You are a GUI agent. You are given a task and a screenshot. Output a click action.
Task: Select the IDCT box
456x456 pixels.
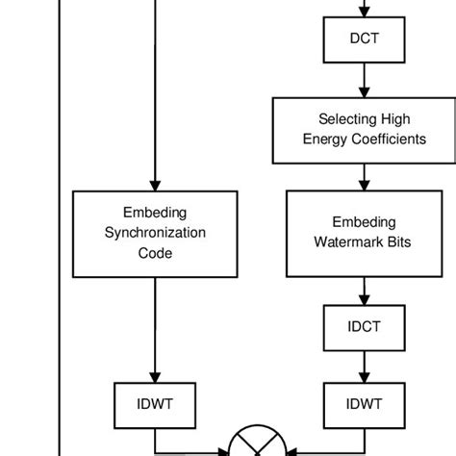pyautogui.click(x=364, y=326)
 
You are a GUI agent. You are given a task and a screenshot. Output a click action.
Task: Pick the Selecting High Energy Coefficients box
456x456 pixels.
pyautogui.click(x=364, y=130)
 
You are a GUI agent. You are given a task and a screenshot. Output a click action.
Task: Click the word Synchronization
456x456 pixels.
pyautogui.click(x=155, y=233)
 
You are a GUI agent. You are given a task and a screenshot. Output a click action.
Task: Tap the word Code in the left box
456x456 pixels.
pyautogui.click(x=155, y=253)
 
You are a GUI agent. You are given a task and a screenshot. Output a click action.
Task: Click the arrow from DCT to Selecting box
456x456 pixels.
pyautogui.click(x=364, y=82)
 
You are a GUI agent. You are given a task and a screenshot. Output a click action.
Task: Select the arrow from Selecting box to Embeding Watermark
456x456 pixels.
pyautogui.click(x=364, y=175)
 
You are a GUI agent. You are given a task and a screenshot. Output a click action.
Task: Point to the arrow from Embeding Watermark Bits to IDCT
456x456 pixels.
pyautogui.click(x=364, y=290)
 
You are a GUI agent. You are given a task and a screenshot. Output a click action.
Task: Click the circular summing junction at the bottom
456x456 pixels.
pyautogui.click(x=259, y=447)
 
